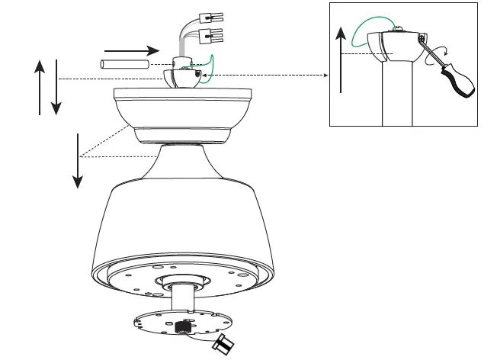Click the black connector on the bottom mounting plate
182,327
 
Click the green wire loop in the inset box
365,34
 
